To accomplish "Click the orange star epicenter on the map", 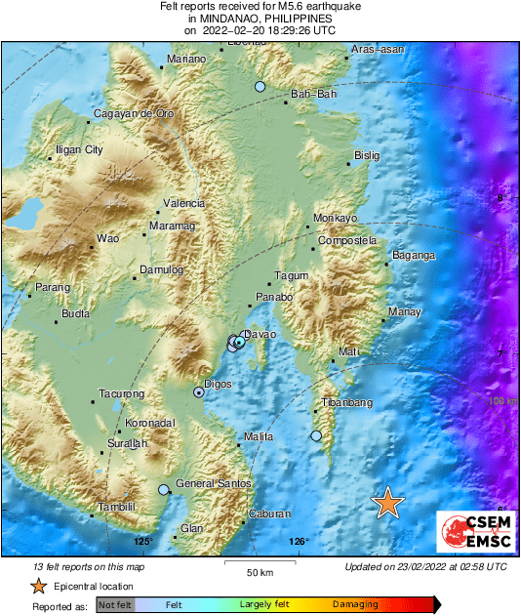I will coord(388,503).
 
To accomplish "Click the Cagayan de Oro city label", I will coord(133,114).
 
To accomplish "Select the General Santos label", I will coord(214,484).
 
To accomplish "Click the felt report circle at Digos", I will coord(199,392).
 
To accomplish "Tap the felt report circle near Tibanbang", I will coord(316,436).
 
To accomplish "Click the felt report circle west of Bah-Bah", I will coord(260,88).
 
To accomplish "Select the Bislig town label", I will coord(367,155).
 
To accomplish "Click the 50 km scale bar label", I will coord(259,571).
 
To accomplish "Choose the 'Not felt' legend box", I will coord(114,605).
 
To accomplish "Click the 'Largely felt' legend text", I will coord(261,605).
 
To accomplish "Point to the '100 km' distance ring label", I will coord(501,401).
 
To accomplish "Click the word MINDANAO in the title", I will coord(230,19).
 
